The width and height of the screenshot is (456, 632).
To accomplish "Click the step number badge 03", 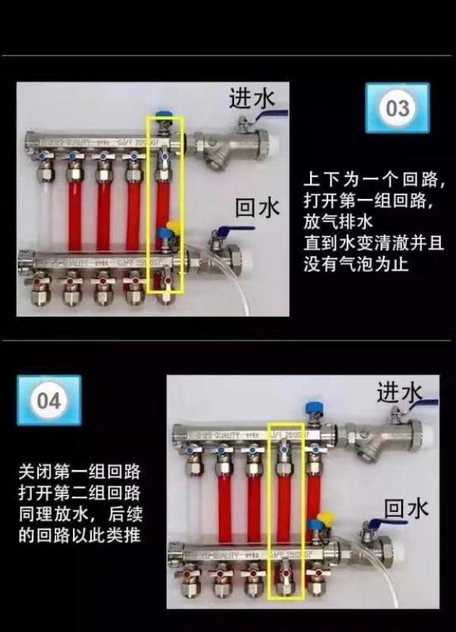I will click(x=397, y=108).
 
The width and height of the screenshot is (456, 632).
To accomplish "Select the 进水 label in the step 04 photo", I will click(x=399, y=393).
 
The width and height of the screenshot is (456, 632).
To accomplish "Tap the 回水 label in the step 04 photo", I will click(x=406, y=507).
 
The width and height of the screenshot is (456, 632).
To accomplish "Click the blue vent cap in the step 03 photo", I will click(x=163, y=120).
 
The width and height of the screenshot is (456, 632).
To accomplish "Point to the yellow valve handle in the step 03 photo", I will click(x=172, y=227).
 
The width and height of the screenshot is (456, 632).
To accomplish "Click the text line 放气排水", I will click(x=336, y=223).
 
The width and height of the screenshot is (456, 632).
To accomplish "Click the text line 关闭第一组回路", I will click(x=80, y=470).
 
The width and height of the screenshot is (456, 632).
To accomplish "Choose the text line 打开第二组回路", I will click(x=80, y=491).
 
